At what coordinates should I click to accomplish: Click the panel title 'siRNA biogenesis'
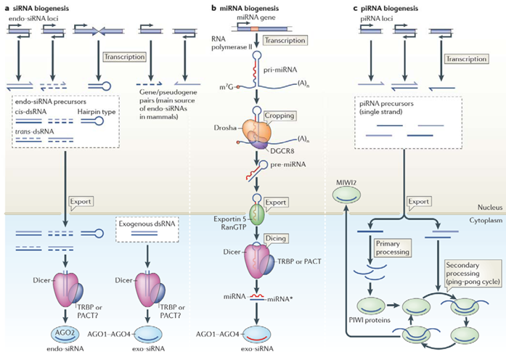coord(42,7)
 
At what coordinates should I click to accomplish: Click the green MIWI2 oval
coord(348,194)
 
